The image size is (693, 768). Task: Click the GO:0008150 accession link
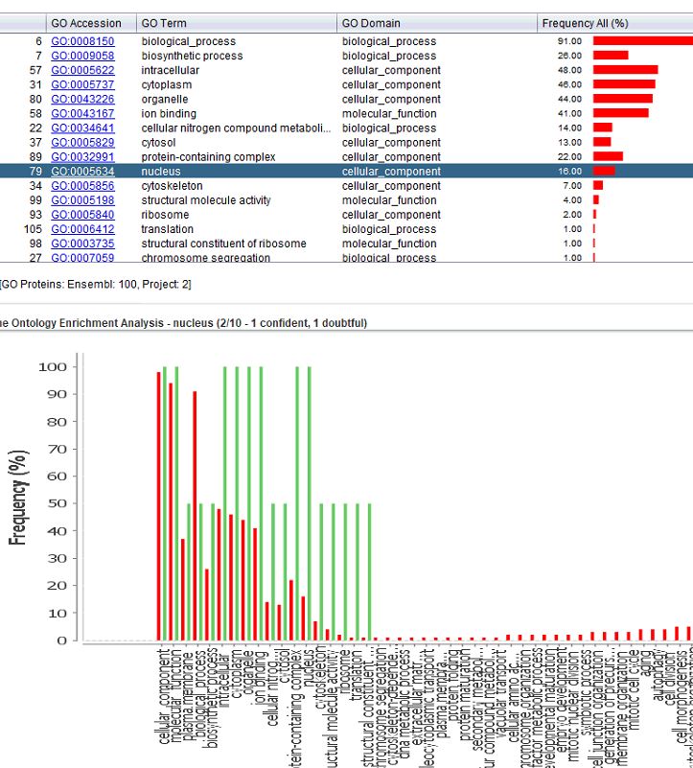point(82,41)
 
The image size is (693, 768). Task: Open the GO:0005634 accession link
point(82,172)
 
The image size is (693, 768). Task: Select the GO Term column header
point(163,23)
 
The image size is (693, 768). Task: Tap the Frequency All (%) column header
point(585,23)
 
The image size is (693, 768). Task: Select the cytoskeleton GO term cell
point(172,186)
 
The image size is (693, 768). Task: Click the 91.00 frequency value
point(571,41)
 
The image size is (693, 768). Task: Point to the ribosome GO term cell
point(165,215)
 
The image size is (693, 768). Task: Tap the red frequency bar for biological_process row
point(641,41)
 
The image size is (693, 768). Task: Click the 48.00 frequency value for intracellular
point(571,70)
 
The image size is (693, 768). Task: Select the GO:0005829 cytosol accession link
point(82,143)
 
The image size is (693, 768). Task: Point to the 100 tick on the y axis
point(52,367)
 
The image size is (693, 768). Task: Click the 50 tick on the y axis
point(57,503)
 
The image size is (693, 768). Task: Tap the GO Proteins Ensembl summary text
point(96,284)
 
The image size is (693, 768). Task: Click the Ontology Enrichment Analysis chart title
point(182,323)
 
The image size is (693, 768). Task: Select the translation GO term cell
point(167,229)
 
